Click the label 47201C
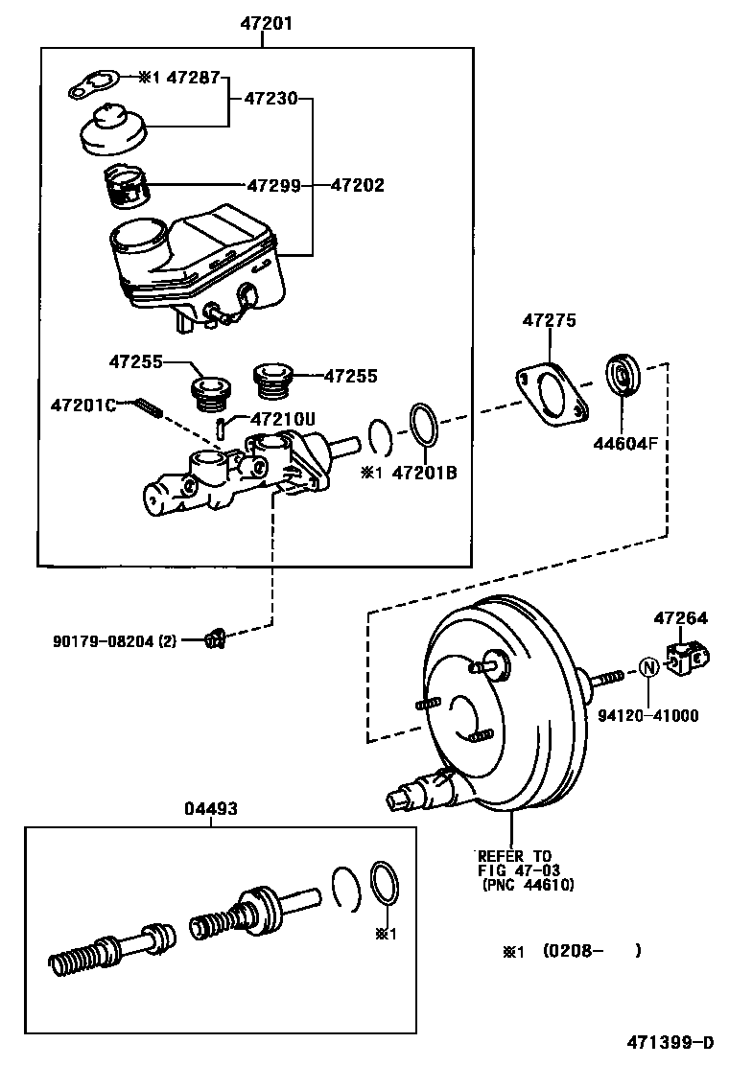tap(82, 406)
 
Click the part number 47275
tap(549, 321)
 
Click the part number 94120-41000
tap(649, 714)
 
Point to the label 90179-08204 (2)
tap(114, 639)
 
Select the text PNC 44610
tap(528, 886)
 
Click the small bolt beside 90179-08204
tap(215, 637)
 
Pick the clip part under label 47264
tap(686, 659)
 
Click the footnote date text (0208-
tap(572, 951)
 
